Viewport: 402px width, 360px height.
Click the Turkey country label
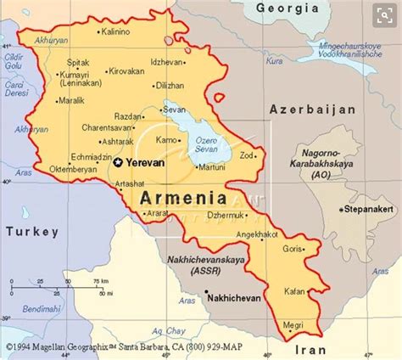[31, 231]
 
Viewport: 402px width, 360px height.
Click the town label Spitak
[76, 61]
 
